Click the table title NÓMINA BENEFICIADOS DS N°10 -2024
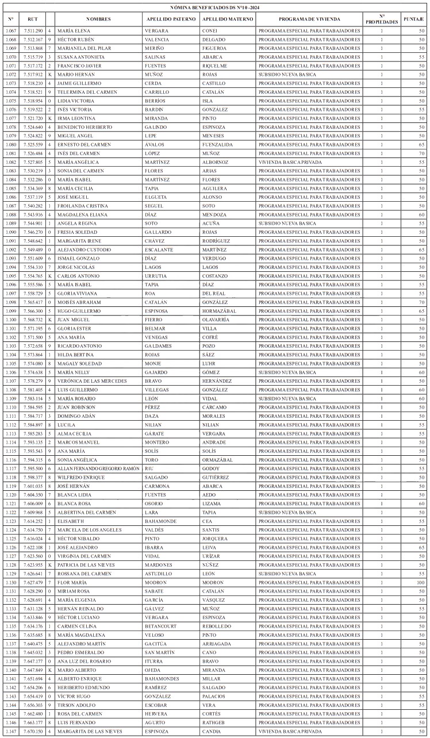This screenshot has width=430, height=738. click(x=214, y=7)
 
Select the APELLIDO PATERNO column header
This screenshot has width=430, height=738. click(x=171, y=19)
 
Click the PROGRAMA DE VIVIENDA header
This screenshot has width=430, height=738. click(x=309, y=19)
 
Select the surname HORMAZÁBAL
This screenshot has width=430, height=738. click(x=220, y=310)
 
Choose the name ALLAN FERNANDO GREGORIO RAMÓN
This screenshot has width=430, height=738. click(x=99, y=468)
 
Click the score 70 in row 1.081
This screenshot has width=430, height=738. click(x=421, y=153)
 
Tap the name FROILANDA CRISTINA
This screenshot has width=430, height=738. click(x=80, y=206)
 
